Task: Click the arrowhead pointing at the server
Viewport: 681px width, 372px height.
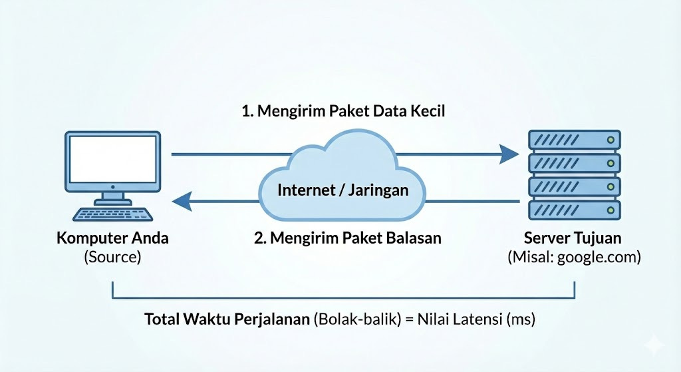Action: [509, 154]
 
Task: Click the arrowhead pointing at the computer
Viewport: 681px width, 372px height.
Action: [182, 199]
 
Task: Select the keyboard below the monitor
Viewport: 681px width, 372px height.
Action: [113, 214]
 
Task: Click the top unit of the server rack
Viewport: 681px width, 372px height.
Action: [573, 140]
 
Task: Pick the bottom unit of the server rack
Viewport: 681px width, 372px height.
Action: [573, 210]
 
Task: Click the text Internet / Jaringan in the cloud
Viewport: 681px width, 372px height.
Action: [342, 190]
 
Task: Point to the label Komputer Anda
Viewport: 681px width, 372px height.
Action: [112, 238]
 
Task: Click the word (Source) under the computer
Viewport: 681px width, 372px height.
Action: [112, 257]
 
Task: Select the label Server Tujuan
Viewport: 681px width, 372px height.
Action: [573, 238]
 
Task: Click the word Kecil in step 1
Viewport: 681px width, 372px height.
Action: [426, 110]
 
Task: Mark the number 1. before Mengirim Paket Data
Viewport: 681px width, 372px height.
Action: [247, 110]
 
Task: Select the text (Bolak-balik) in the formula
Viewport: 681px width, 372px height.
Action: [353, 319]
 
